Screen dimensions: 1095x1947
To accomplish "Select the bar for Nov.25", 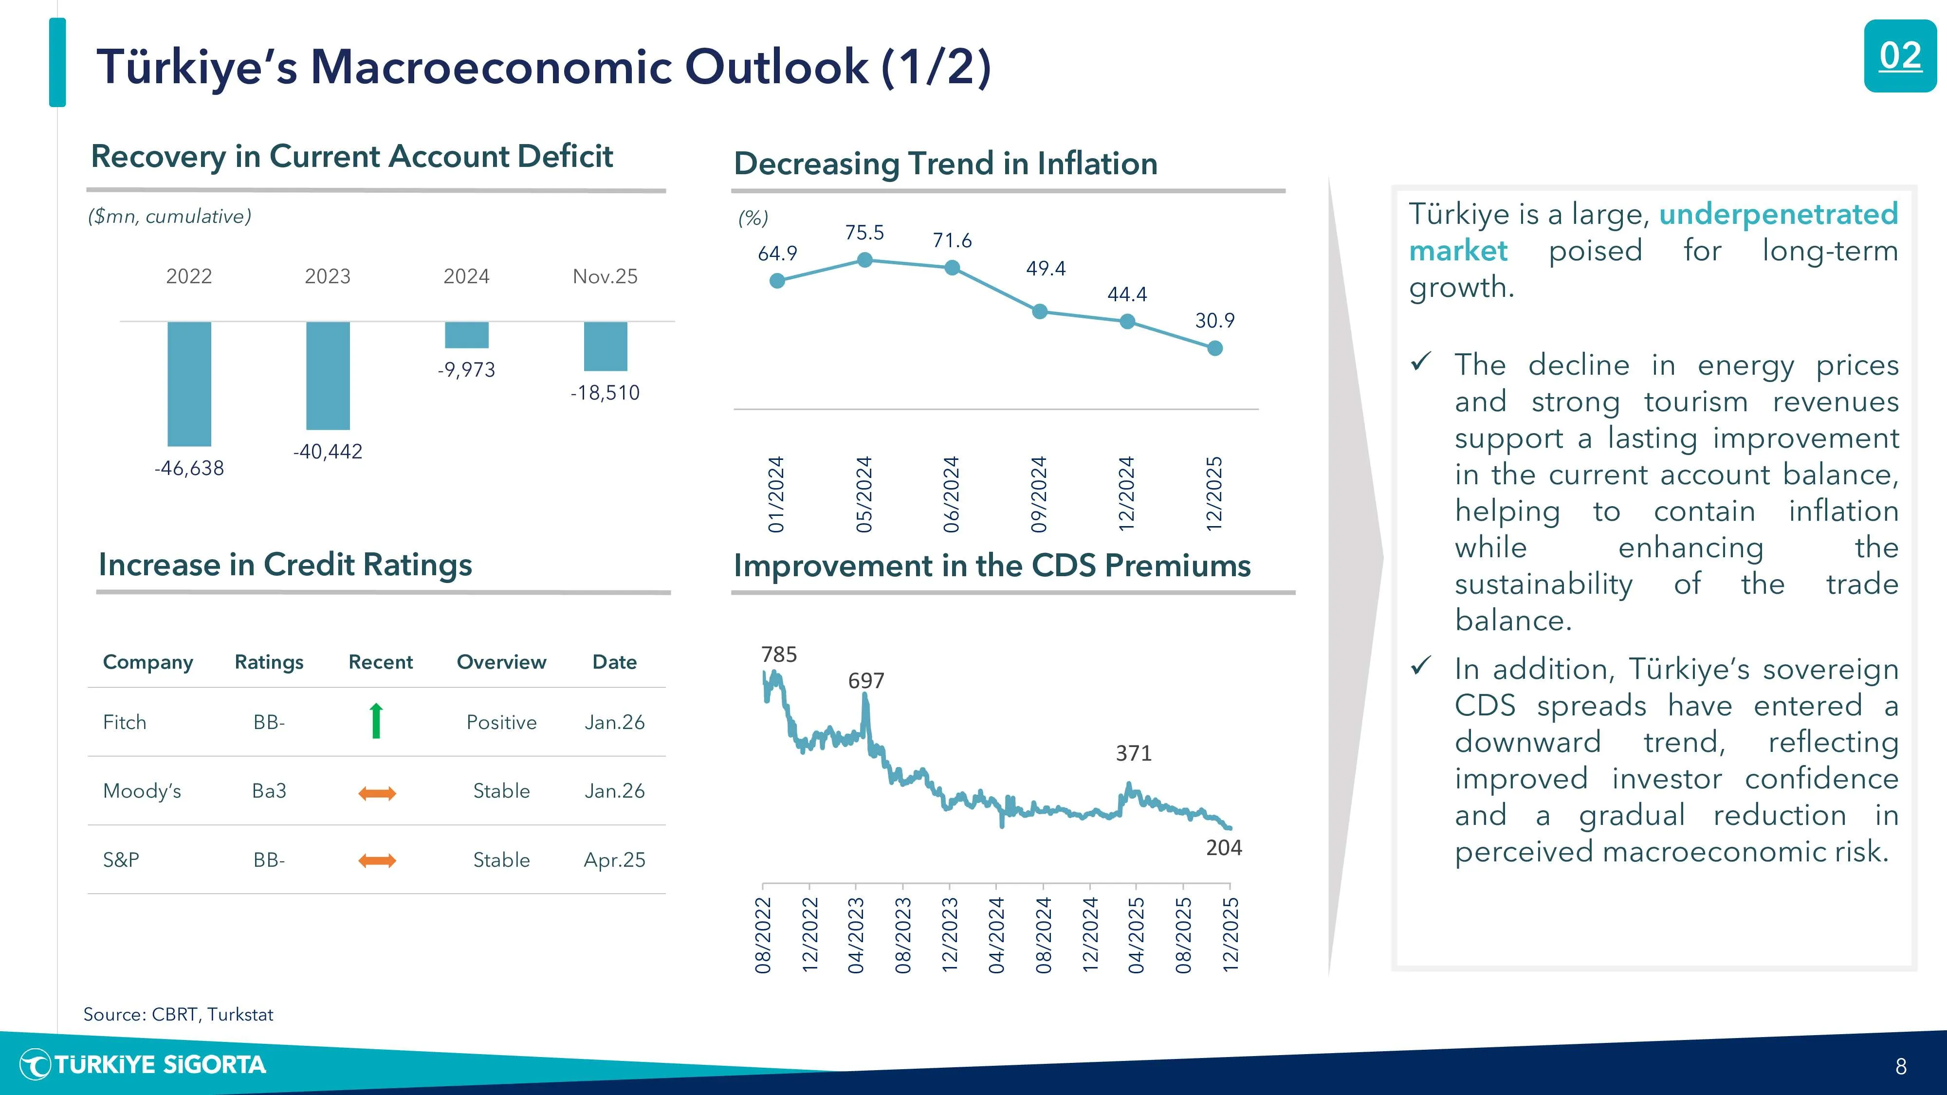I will click(x=606, y=346).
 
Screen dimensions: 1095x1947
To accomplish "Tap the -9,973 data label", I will click(x=466, y=369).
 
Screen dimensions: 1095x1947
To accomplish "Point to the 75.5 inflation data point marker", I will click(x=864, y=260).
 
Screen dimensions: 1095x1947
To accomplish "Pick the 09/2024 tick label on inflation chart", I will click(x=1039, y=494).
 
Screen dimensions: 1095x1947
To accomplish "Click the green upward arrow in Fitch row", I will click(x=376, y=721).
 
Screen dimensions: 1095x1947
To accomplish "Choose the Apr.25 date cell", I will click(x=614, y=860).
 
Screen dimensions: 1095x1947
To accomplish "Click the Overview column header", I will click(x=501, y=662).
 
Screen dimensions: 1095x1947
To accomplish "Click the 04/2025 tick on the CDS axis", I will click(x=1136, y=935).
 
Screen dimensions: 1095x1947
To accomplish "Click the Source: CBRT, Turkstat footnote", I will click(x=178, y=1014).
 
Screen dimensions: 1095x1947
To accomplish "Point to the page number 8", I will click(x=1901, y=1066).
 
